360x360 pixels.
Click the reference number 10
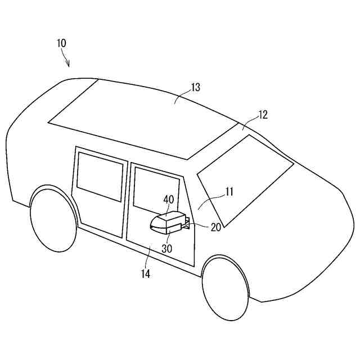pos(61,43)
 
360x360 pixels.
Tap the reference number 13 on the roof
pos(195,87)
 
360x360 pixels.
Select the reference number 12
pos(263,115)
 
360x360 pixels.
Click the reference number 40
pos(169,199)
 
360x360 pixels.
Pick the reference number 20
pos(215,227)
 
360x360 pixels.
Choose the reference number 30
pos(167,247)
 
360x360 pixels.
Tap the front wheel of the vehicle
pos(225,289)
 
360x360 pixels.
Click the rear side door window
pos(100,176)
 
